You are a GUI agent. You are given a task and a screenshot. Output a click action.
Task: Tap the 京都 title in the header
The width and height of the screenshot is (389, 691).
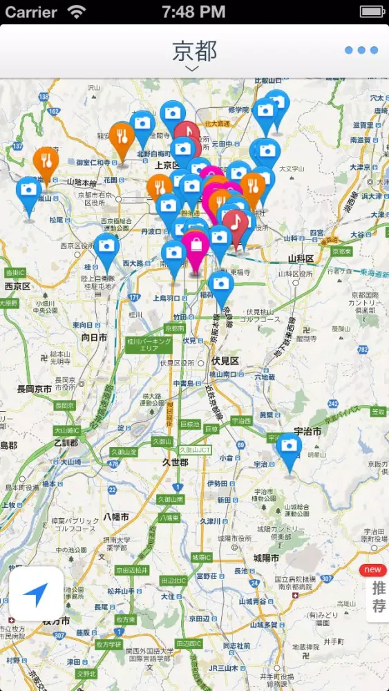tap(194, 50)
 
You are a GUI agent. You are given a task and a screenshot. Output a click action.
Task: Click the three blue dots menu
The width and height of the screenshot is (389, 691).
tap(361, 50)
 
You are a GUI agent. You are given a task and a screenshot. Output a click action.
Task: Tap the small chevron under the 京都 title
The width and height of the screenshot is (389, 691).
tap(193, 69)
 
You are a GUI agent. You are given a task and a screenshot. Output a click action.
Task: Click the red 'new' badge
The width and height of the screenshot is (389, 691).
tap(372, 570)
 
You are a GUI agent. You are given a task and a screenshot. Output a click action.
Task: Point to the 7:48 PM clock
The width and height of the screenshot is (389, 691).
tap(193, 12)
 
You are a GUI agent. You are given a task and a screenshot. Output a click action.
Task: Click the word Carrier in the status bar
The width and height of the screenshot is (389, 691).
tap(31, 12)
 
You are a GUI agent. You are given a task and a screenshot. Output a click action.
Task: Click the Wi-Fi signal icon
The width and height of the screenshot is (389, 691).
tap(77, 12)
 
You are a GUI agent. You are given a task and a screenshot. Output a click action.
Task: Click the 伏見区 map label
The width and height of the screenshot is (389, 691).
tap(225, 361)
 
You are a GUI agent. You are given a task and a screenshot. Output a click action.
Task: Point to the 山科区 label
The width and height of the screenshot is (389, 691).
tap(301, 258)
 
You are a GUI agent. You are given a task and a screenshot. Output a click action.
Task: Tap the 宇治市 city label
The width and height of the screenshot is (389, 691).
tap(307, 431)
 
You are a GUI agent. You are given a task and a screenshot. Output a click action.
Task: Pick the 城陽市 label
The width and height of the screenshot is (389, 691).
tap(265, 558)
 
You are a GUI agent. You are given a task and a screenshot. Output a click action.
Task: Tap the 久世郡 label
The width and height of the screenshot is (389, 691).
tap(175, 462)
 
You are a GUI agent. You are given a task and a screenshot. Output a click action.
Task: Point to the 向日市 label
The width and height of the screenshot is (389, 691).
tap(94, 338)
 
